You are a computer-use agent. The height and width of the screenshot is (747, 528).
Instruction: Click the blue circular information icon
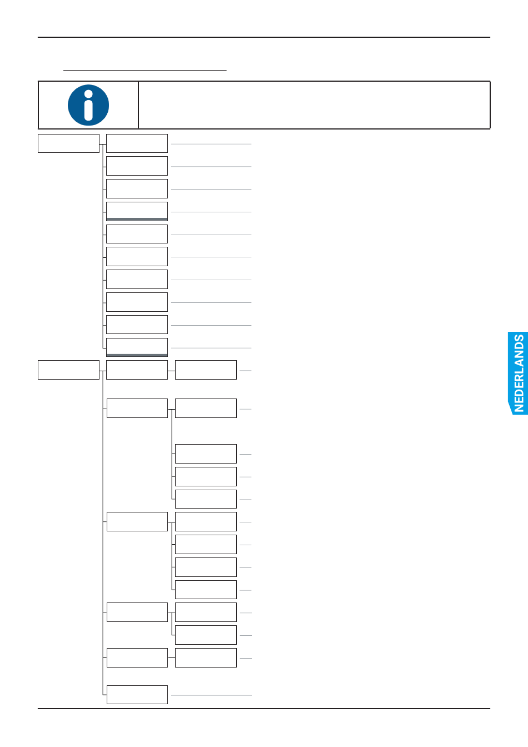(x=88, y=105)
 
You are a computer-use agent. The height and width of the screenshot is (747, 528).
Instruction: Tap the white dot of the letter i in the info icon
(x=88, y=93)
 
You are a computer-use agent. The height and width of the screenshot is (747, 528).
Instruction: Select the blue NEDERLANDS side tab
(x=518, y=373)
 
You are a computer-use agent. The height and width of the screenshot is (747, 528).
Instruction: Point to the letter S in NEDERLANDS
(x=519, y=340)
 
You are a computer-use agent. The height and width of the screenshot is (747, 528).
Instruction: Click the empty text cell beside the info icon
(x=314, y=105)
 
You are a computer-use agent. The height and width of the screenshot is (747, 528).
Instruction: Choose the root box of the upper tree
(x=68, y=143)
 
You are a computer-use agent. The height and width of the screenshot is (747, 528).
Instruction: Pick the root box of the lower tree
(x=68, y=370)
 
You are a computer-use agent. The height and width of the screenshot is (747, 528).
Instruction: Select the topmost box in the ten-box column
(x=137, y=143)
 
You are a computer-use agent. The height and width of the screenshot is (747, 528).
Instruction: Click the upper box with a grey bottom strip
(x=137, y=211)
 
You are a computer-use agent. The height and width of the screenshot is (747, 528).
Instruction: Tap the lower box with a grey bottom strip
(x=137, y=347)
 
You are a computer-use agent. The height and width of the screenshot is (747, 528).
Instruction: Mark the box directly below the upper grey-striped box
(x=137, y=234)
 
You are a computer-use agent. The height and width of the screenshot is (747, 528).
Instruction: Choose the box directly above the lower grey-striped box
(x=137, y=325)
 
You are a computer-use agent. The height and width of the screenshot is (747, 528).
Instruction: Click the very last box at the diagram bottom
(x=137, y=695)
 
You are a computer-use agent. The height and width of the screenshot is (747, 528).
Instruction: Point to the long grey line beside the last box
(x=211, y=695)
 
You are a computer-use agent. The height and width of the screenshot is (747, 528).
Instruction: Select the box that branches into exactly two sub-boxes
(x=137, y=612)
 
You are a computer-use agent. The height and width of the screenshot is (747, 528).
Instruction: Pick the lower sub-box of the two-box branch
(x=206, y=635)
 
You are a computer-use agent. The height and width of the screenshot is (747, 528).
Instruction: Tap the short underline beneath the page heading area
(x=145, y=71)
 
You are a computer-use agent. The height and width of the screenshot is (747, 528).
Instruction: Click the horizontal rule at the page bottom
(x=264, y=709)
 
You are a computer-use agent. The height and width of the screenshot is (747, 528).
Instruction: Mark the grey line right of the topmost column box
(x=211, y=144)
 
